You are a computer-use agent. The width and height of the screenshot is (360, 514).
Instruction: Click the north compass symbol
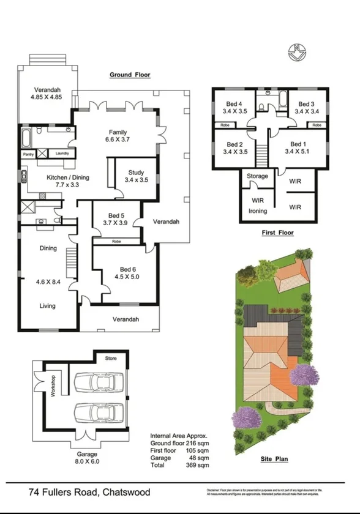pyautogui.click(x=298, y=51)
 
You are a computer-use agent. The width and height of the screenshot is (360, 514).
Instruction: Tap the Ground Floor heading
pyautogui.click(x=130, y=75)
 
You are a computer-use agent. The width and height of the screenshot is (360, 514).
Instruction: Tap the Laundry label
pyautogui.click(x=62, y=154)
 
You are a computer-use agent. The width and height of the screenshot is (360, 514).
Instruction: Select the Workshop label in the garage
pyautogui.click(x=54, y=386)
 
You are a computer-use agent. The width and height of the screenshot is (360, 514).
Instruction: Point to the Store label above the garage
pyautogui.click(x=110, y=358)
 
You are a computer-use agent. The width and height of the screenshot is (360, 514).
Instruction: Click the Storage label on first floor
pyautogui.click(x=258, y=176)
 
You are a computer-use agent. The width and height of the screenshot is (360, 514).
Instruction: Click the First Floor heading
pyautogui.click(x=277, y=233)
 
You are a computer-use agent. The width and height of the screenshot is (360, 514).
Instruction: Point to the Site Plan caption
pyautogui.click(x=274, y=459)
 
